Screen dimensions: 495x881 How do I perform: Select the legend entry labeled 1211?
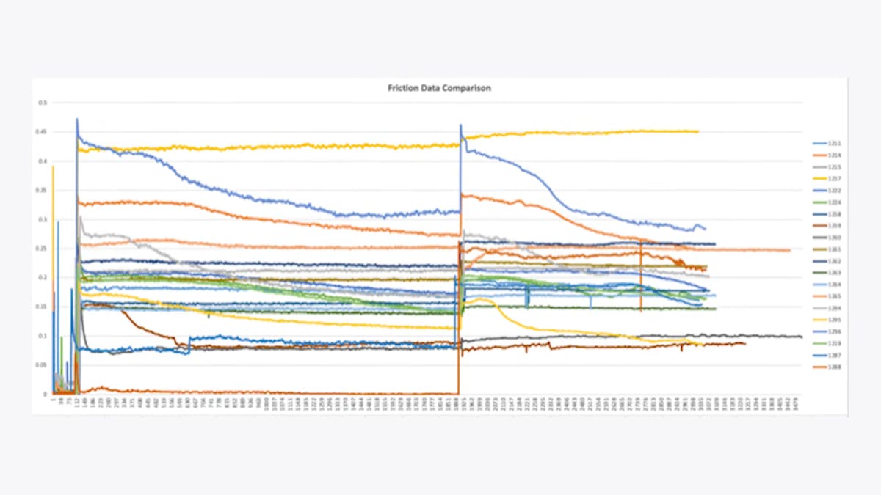(834, 144)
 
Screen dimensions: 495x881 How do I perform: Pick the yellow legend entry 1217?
(834, 179)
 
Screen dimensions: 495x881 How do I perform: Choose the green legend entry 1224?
(834, 202)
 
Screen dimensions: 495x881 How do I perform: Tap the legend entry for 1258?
(834, 214)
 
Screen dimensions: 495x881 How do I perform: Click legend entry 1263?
(834, 273)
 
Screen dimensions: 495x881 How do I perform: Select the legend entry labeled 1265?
(834, 296)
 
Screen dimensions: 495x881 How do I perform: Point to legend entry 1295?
(834, 320)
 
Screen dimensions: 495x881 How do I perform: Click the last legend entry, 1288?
(834, 367)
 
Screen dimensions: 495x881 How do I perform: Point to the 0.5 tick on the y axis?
(42, 103)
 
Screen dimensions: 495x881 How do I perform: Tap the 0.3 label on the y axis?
(42, 219)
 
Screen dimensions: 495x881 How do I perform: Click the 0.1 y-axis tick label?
(42, 336)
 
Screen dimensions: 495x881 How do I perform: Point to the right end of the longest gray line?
(801, 337)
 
